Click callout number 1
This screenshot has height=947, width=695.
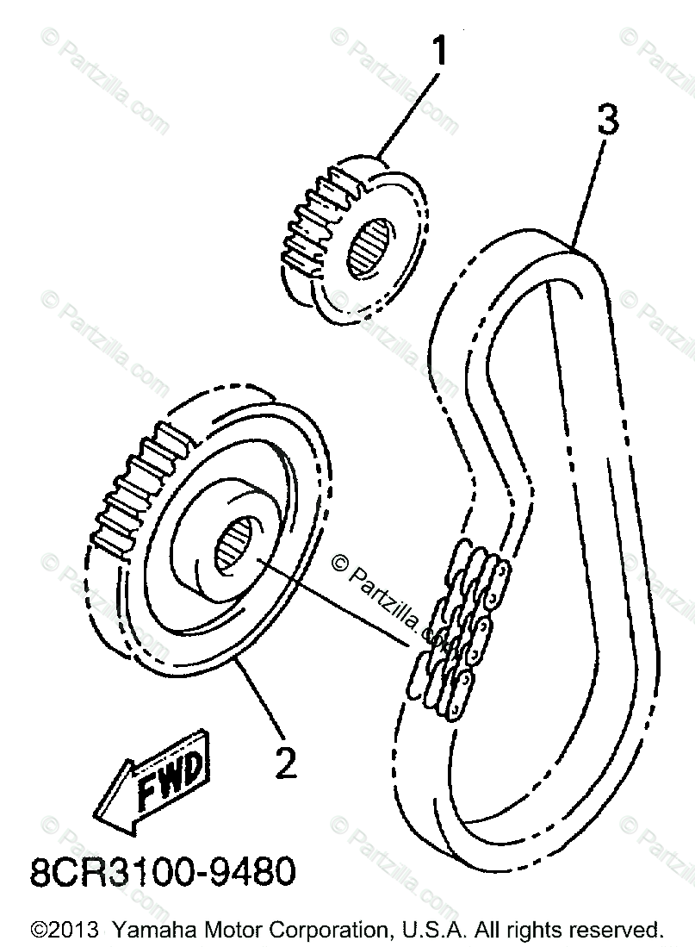(x=440, y=51)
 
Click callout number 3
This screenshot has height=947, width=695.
(x=607, y=121)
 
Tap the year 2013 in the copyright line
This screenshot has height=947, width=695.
(x=71, y=930)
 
